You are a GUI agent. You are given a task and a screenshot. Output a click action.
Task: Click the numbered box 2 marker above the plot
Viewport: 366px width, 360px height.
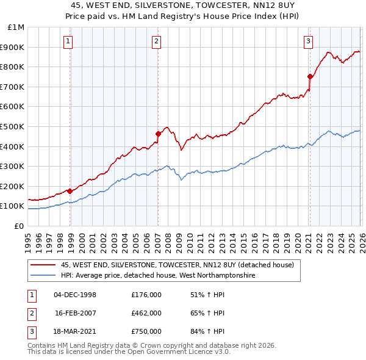pyautogui.click(x=156, y=41)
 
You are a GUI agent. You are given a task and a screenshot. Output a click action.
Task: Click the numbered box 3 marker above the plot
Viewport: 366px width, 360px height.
pyautogui.click(x=308, y=41)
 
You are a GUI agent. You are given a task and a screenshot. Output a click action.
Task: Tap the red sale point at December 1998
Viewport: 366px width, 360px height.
pyautogui.click(x=70, y=191)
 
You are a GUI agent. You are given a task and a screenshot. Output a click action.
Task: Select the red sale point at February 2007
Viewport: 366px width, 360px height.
pyautogui.click(x=158, y=134)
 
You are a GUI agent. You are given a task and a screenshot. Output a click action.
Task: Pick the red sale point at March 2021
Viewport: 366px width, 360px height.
pyautogui.click(x=310, y=76)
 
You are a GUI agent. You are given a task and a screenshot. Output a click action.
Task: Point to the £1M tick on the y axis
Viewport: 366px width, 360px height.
pyautogui.click(x=16, y=27)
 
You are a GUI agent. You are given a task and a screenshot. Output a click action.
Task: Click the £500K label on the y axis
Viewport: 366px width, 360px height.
pyautogui.click(x=13, y=126)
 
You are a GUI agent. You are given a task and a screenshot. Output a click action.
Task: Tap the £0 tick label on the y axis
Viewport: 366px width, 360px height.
pyautogui.click(x=19, y=226)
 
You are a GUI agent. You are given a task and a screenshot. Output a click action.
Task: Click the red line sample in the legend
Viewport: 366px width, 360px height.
pyautogui.click(x=43, y=265)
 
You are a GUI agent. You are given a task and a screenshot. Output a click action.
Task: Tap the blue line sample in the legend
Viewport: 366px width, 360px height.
pyautogui.click(x=43, y=276)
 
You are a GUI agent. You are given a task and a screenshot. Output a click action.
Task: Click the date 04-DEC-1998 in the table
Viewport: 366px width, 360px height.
pyautogui.click(x=75, y=295)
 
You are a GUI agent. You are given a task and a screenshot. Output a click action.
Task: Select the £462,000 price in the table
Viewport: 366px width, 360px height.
pyautogui.click(x=146, y=313)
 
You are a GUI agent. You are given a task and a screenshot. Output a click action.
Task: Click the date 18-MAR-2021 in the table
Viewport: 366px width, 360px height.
pyautogui.click(x=75, y=331)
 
